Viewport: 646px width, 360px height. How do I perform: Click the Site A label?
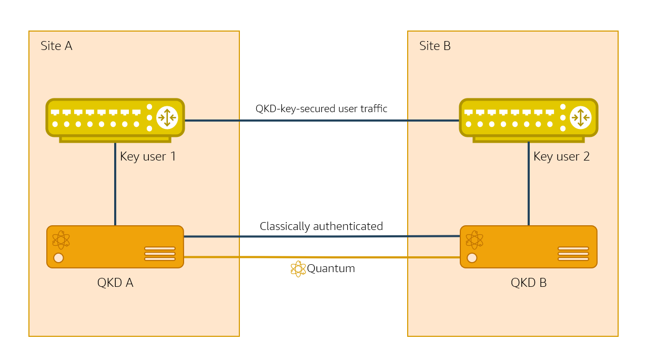56,46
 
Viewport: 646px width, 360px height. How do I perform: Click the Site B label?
435,46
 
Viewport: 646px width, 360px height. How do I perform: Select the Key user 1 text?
148,156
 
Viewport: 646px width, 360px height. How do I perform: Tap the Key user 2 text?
561,156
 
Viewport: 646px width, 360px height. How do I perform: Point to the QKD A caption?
115,283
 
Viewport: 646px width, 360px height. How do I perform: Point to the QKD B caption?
529,283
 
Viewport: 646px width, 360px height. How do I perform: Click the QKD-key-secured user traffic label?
321,109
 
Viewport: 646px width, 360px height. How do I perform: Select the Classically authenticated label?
321,226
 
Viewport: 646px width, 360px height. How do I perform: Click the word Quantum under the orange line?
331,268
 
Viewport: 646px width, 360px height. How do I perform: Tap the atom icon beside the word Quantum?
298,268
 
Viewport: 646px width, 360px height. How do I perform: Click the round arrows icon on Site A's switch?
167,117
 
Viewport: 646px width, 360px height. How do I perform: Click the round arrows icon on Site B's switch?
581,117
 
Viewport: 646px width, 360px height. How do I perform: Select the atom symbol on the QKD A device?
61,239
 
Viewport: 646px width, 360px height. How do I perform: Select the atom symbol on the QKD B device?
475,239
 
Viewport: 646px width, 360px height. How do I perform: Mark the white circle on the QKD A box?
58,258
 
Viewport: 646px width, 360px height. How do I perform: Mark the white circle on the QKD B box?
472,258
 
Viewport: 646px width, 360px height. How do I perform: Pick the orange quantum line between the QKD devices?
368,257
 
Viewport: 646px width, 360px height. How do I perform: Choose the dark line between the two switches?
321,121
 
